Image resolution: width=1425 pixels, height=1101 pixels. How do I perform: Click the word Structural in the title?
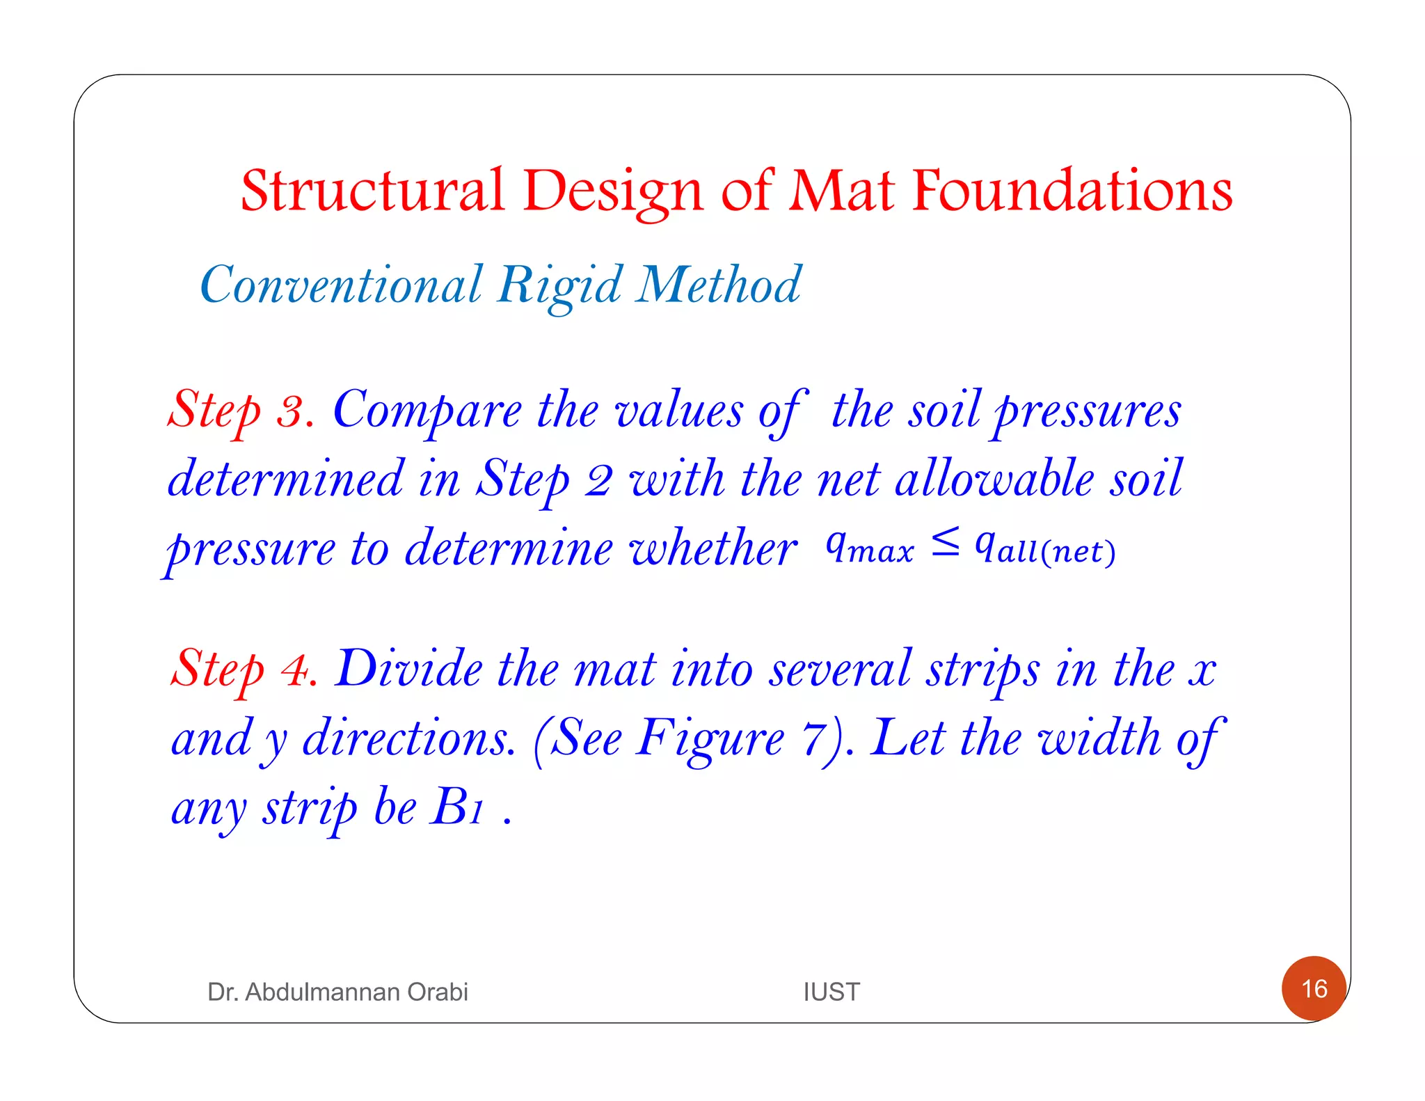(372, 191)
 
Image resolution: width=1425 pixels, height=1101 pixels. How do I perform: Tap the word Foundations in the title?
(1072, 191)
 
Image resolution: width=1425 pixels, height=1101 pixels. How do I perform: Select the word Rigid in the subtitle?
(560, 285)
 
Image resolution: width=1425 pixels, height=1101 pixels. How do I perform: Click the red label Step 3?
(239, 411)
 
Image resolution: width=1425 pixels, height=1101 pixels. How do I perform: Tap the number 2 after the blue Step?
(598, 480)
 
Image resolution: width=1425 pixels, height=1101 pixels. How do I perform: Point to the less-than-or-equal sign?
(946, 543)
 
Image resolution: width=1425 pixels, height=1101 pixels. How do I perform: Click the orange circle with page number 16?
(1314, 988)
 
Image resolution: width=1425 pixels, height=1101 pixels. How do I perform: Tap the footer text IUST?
(831, 992)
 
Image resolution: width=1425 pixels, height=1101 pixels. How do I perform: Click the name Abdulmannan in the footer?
(323, 992)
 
